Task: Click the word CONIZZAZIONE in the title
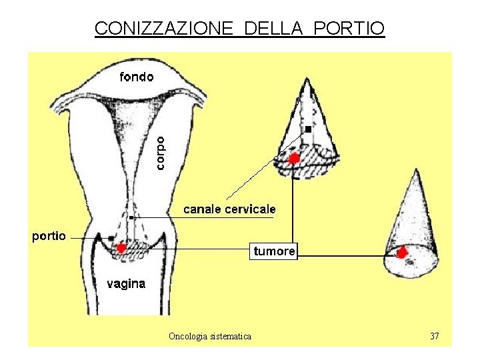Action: [164, 29]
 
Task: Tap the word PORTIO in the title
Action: [348, 29]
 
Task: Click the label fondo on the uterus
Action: [136, 77]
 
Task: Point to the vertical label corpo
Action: [162, 152]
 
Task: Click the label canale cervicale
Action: [229, 209]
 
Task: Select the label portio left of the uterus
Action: [49, 236]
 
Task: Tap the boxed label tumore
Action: [274, 251]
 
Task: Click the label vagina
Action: [126, 283]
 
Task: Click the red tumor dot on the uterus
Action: [121, 248]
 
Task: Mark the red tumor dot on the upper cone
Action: [293, 158]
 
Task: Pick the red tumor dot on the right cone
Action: [402, 253]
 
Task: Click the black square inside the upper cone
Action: [308, 129]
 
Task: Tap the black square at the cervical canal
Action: [131, 218]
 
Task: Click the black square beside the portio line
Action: [111, 238]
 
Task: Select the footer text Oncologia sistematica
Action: [210, 337]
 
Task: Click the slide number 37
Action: [435, 336]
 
